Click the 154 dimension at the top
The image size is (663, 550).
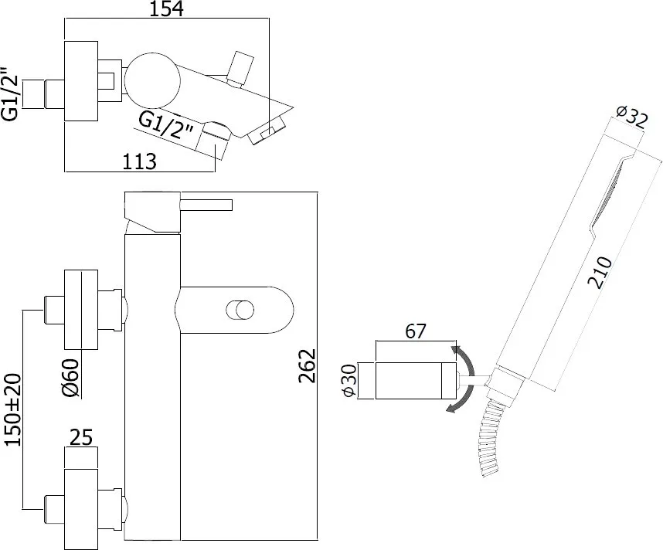click(167, 8)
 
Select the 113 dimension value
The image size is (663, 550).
click(140, 161)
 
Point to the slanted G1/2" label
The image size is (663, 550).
click(165, 127)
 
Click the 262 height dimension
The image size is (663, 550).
click(308, 365)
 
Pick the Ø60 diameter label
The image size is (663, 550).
click(70, 378)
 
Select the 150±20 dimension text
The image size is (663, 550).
click(14, 409)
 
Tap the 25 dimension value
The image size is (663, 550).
click(81, 438)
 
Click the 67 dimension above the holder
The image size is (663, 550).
click(415, 331)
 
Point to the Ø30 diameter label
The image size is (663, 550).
click(350, 381)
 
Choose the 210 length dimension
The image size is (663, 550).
click(601, 273)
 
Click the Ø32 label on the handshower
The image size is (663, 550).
click(632, 117)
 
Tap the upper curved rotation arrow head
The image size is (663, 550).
click(456, 351)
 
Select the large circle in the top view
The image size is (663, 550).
click(153, 81)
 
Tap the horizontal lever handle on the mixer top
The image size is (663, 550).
click(207, 205)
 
